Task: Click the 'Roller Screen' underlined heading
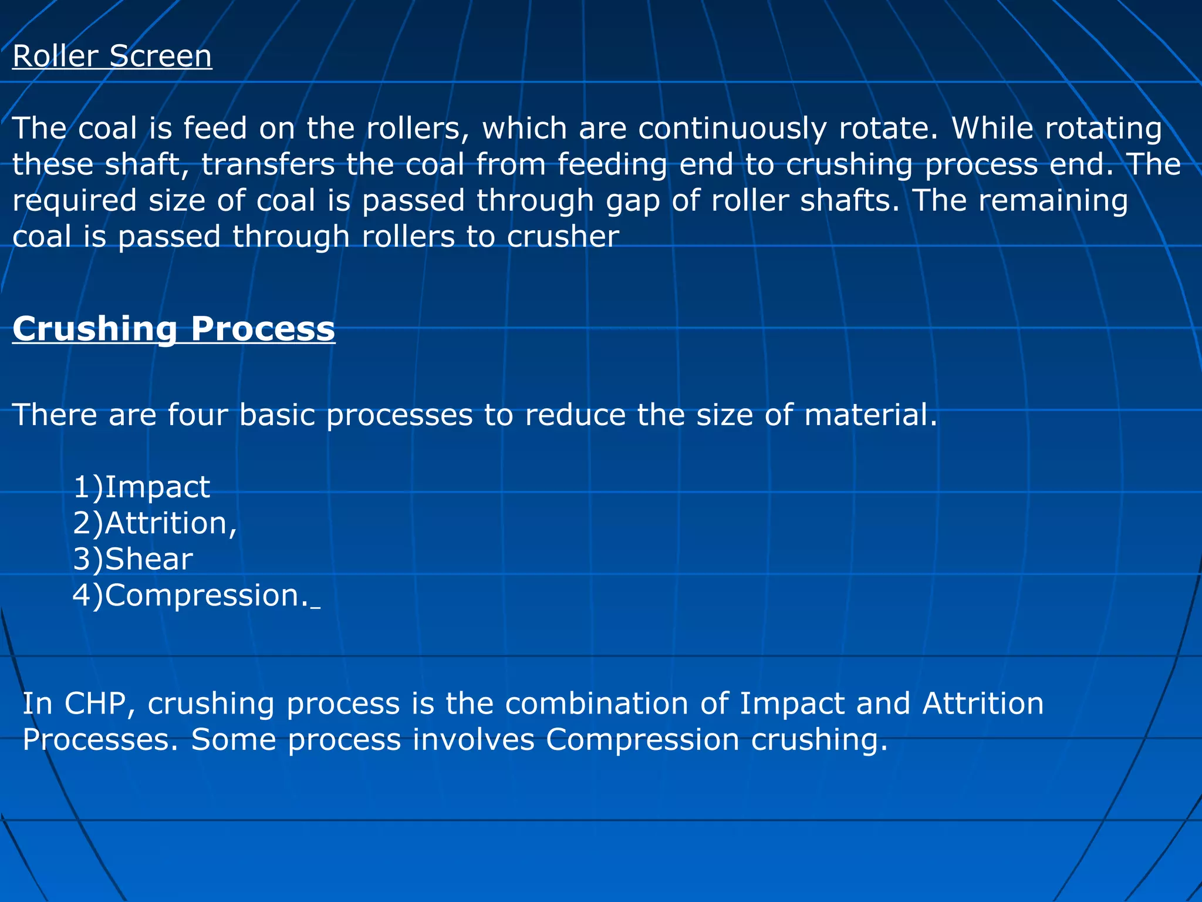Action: (x=112, y=57)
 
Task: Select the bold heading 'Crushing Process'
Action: (x=174, y=328)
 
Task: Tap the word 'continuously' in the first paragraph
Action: (x=732, y=129)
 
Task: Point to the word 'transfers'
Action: (x=268, y=164)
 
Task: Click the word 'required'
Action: (x=75, y=201)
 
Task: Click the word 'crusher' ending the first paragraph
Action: (x=563, y=237)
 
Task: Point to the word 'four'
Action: (x=197, y=415)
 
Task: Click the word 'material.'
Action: (x=871, y=415)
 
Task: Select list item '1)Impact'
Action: (x=141, y=487)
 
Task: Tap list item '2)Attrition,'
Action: (x=155, y=523)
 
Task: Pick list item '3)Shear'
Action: (x=133, y=559)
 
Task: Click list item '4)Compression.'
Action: (x=190, y=596)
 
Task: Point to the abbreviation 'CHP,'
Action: (x=100, y=704)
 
